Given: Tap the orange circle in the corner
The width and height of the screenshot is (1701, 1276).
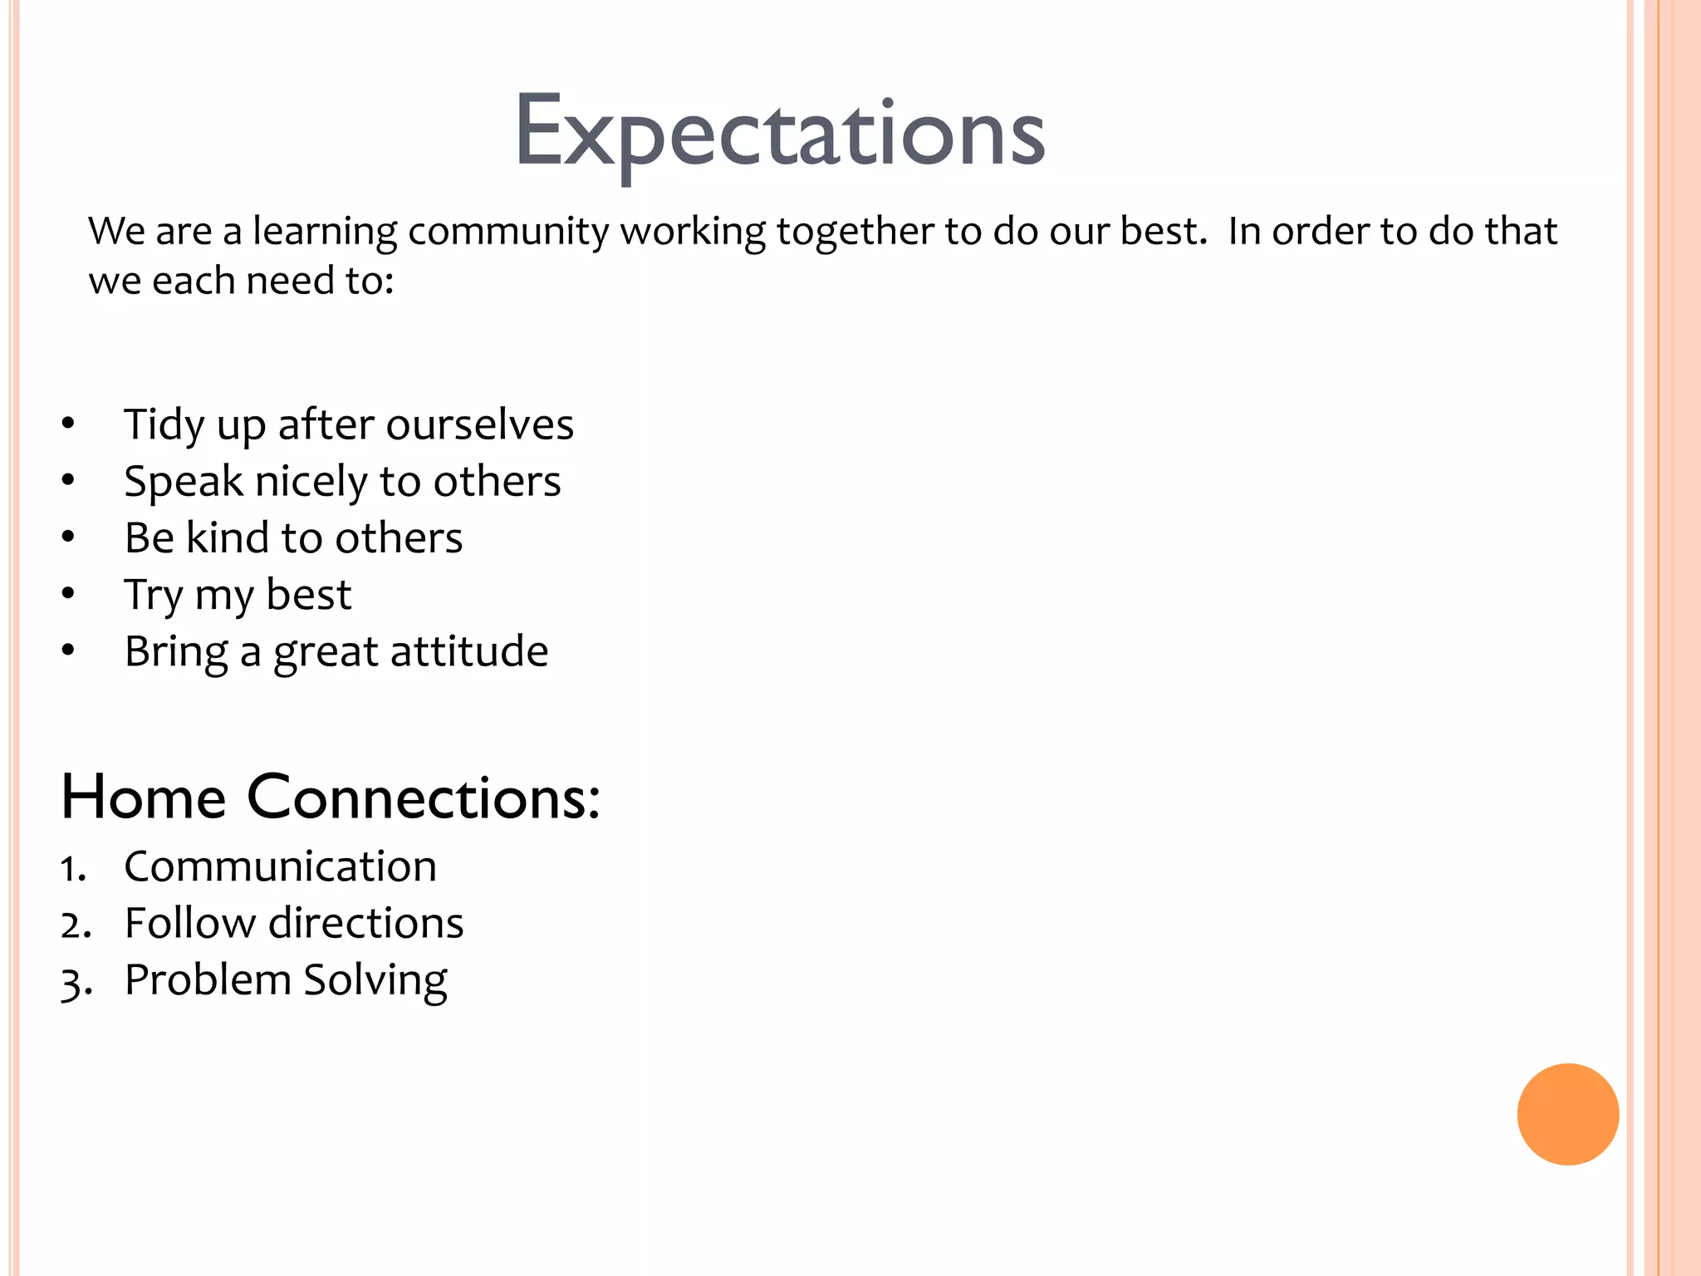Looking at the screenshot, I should tap(1567, 1114).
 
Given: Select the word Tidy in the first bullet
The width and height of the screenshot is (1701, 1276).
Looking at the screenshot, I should tap(164, 425).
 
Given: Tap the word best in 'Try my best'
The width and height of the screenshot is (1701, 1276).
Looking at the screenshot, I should tap(308, 595).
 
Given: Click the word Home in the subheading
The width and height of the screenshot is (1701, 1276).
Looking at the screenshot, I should tap(143, 797).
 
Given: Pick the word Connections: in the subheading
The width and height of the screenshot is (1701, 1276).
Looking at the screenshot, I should tap(423, 797).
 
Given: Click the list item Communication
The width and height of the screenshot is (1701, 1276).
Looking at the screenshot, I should tap(280, 866).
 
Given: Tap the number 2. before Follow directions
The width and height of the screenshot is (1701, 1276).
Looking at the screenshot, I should tap(75, 925).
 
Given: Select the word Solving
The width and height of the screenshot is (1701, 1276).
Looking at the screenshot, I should tap(375, 980).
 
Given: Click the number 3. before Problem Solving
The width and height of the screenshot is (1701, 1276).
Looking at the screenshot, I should tap(75, 983).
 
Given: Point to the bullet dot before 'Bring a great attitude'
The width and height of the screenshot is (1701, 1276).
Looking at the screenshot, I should tap(68, 650).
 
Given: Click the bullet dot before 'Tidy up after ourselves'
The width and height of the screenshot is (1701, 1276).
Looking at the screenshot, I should tap(68, 424).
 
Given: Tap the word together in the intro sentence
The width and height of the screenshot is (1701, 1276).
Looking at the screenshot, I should tap(855, 231).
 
